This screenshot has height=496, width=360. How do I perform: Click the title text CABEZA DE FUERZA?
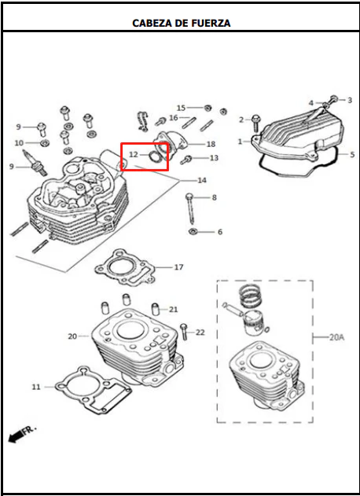(x=181, y=23)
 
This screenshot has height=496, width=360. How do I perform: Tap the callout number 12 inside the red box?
(x=134, y=155)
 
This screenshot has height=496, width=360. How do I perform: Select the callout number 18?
(x=211, y=145)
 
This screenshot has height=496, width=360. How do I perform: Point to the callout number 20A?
(x=336, y=337)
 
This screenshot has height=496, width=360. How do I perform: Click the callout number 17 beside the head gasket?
(x=178, y=267)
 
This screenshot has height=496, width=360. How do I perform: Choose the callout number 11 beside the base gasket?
(x=36, y=387)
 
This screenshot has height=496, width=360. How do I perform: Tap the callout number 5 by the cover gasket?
(x=352, y=155)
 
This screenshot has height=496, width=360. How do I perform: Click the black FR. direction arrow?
(x=16, y=437)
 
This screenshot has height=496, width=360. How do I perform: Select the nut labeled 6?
(x=191, y=232)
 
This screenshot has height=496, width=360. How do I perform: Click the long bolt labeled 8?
(x=190, y=209)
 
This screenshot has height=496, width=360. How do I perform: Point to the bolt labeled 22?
(x=184, y=332)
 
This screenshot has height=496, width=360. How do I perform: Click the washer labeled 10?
(x=45, y=143)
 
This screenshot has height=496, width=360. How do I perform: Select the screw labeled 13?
(x=186, y=160)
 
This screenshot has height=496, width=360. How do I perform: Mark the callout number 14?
(x=202, y=180)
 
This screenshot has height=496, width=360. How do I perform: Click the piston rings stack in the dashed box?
(x=250, y=296)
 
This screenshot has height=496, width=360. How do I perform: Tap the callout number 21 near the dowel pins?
(x=173, y=310)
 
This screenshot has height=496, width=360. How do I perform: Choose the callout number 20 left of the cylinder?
(x=72, y=336)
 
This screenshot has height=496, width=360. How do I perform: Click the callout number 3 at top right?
(x=350, y=101)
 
